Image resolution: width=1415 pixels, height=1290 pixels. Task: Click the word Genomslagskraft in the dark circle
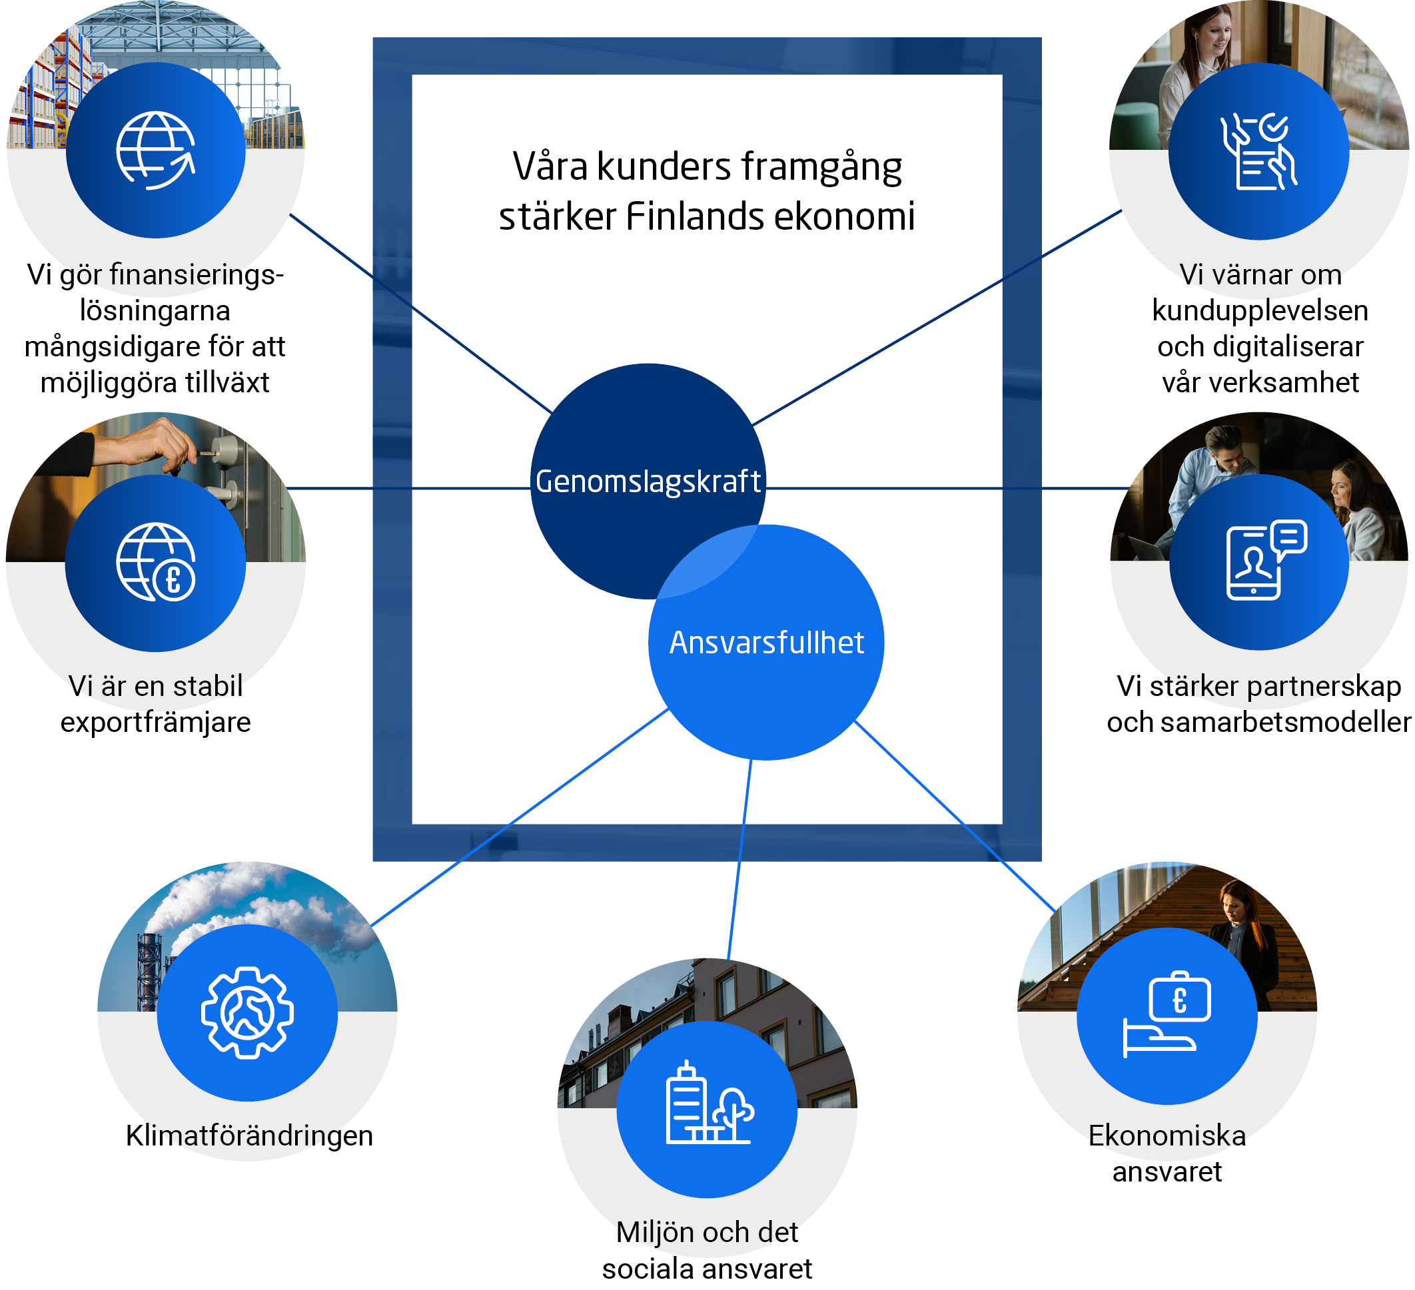pyautogui.click(x=647, y=482)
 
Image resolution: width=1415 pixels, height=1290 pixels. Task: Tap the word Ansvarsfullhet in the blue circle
pyautogui.click(x=766, y=643)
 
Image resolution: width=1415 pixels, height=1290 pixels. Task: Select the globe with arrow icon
pyautogui.click(x=156, y=151)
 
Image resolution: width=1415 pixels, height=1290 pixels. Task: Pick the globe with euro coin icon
pyautogui.click(x=156, y=562)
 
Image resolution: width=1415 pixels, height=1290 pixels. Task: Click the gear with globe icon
pyautogui.click(x=247, y=1012)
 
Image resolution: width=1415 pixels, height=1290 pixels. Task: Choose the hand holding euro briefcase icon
pyautogui.click(x=1167, y=1015)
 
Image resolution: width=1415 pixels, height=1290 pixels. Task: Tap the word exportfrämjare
pyautogui.click(x=156, y=723)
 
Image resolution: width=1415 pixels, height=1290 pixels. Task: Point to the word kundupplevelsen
pyautogui.click(x=1260, y=311)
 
